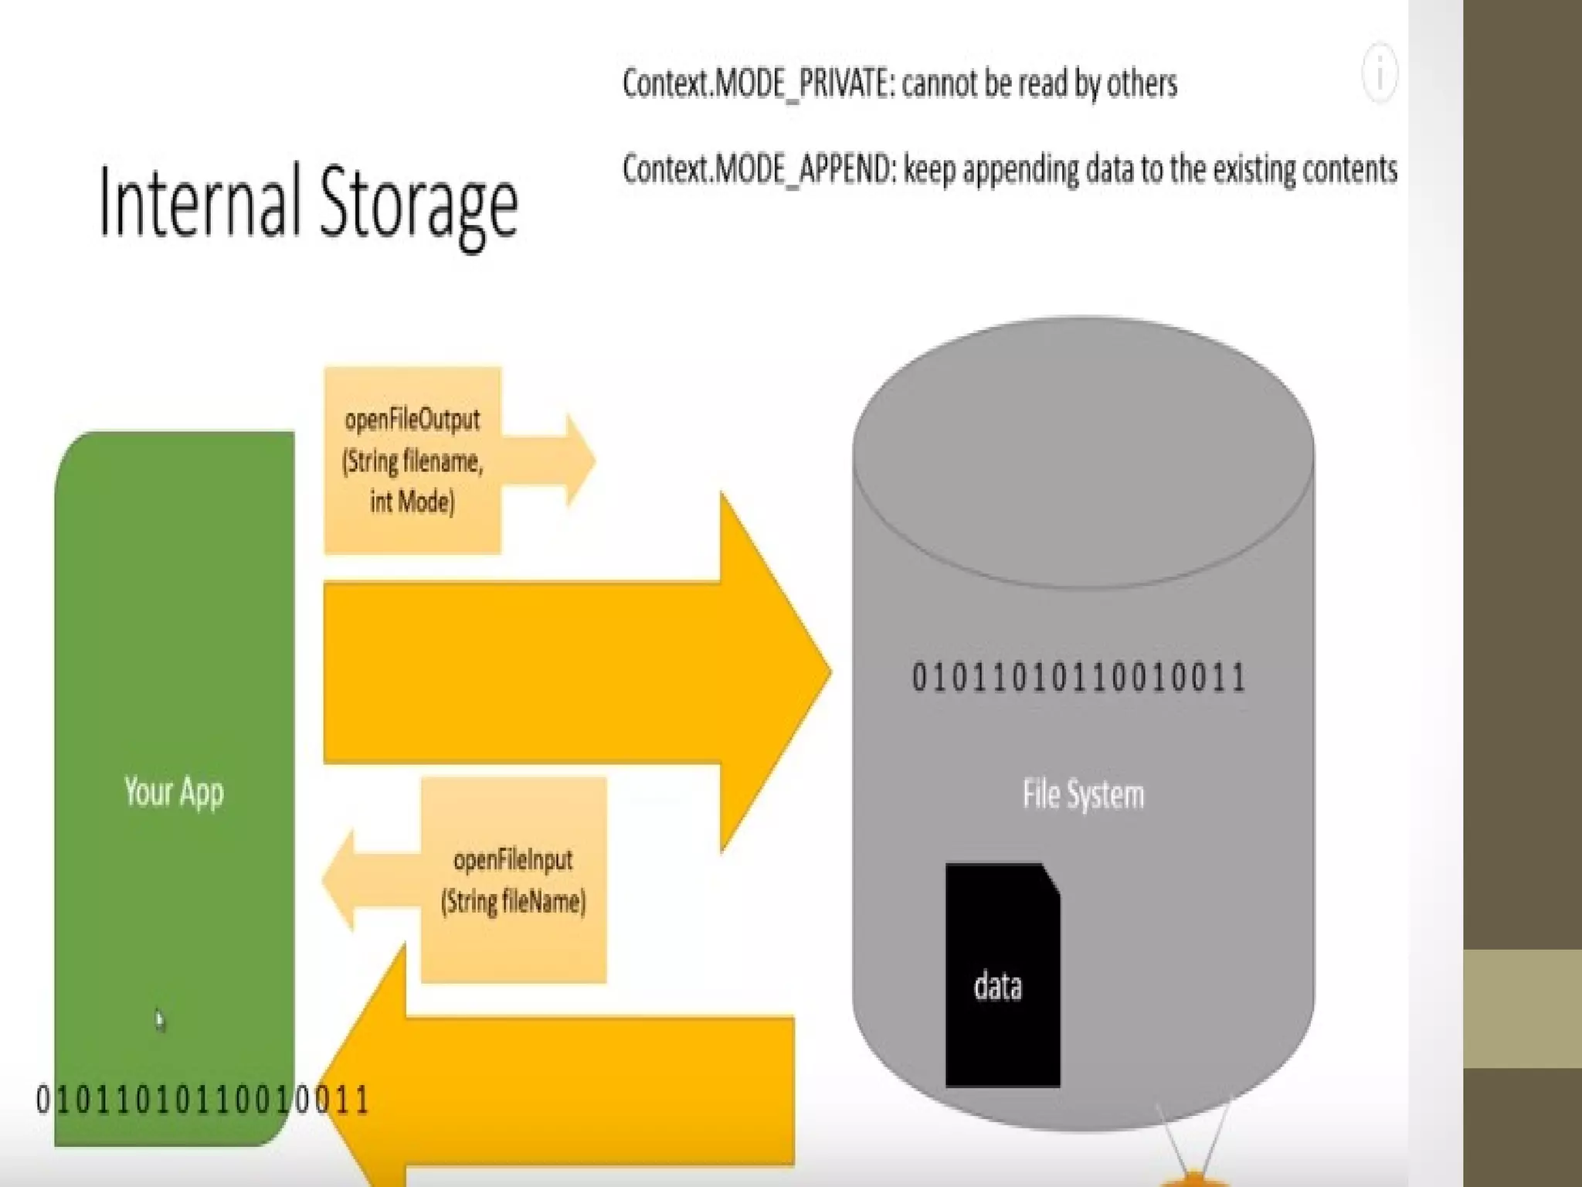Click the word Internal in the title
(199, 202)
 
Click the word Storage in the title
(418, 206)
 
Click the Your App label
(174, 792)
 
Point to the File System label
(1083, 794)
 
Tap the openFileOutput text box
(412, 461)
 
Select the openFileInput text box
(514, 880)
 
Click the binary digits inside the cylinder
(1078, 678)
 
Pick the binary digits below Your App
(202, 1100)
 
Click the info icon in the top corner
(1379, 73)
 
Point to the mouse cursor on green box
(159, 1020)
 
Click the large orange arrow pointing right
(575, 672)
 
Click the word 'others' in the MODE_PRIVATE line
(1142, 83)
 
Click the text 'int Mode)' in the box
(412, 502)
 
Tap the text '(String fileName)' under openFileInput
(514, 902)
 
